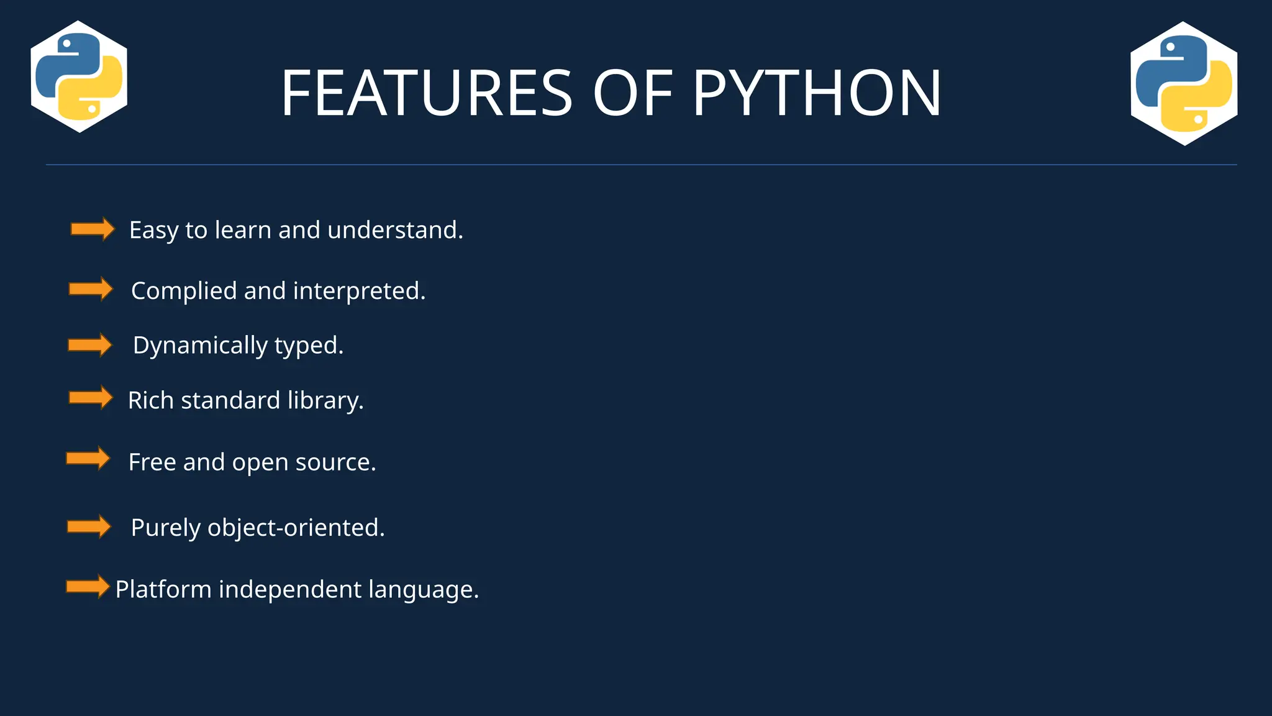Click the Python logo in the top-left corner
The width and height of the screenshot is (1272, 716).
(x=79, y=76)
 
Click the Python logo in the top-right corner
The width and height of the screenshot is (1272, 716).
(x=1184, y=83)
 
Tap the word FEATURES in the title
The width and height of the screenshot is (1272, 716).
(x=426, y=93)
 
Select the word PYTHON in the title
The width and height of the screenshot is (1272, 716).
(x=817, y=93)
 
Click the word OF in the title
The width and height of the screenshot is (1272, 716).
(x=632, y=93)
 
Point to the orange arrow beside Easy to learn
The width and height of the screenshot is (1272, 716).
(x=93, y=229)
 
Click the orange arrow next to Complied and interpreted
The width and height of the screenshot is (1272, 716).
(x=91, y=289)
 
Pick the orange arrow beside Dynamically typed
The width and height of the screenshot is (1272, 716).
(x=89, y=345)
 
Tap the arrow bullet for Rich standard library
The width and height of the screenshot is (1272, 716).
(x=91, y=398)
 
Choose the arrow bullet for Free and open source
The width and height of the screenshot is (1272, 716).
(x=88, y=459)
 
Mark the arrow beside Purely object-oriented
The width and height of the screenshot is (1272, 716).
(x=89, y=527)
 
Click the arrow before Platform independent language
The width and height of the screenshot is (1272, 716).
(x=88, y=586)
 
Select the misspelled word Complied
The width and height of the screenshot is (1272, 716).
(x=184, y=291)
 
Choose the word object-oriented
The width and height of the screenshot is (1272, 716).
(x=296, y=528)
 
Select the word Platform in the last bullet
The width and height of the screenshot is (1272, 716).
(x=163, y=589)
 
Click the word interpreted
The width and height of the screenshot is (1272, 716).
(x=359, y=291)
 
